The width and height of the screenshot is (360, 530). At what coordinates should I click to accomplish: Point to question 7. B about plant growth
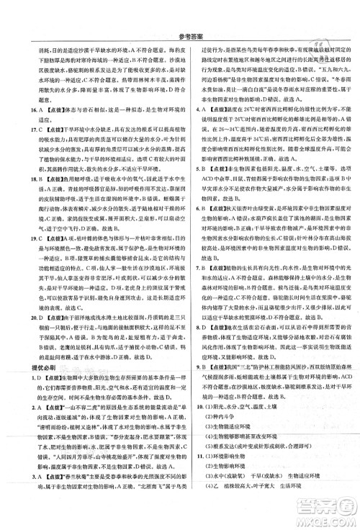(x=189, y=288)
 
